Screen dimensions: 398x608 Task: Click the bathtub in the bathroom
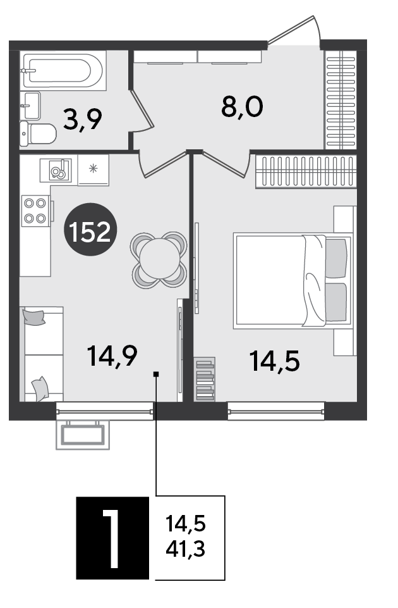point(64,71)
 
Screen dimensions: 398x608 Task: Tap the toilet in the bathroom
point(39,133)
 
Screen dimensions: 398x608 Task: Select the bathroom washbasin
point(30,105)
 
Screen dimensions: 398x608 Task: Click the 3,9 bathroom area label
point(83,120)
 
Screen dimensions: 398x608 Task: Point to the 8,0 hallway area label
point(243,107)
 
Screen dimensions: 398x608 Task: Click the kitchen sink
point(56,170)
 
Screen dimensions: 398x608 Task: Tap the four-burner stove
point(35,211)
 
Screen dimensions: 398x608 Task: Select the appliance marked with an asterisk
point(93,170)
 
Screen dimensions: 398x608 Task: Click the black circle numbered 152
point(90,230)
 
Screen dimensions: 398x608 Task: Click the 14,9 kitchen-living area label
point(112,356)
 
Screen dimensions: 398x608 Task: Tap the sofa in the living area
point(42,354)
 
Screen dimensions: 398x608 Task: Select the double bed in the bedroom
point(293,280)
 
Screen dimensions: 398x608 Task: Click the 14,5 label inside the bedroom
point(275,361)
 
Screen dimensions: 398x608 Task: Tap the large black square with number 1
point(112,538)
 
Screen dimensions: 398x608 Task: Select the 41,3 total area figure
point(186,549)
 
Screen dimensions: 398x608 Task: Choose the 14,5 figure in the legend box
point(186,524)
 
